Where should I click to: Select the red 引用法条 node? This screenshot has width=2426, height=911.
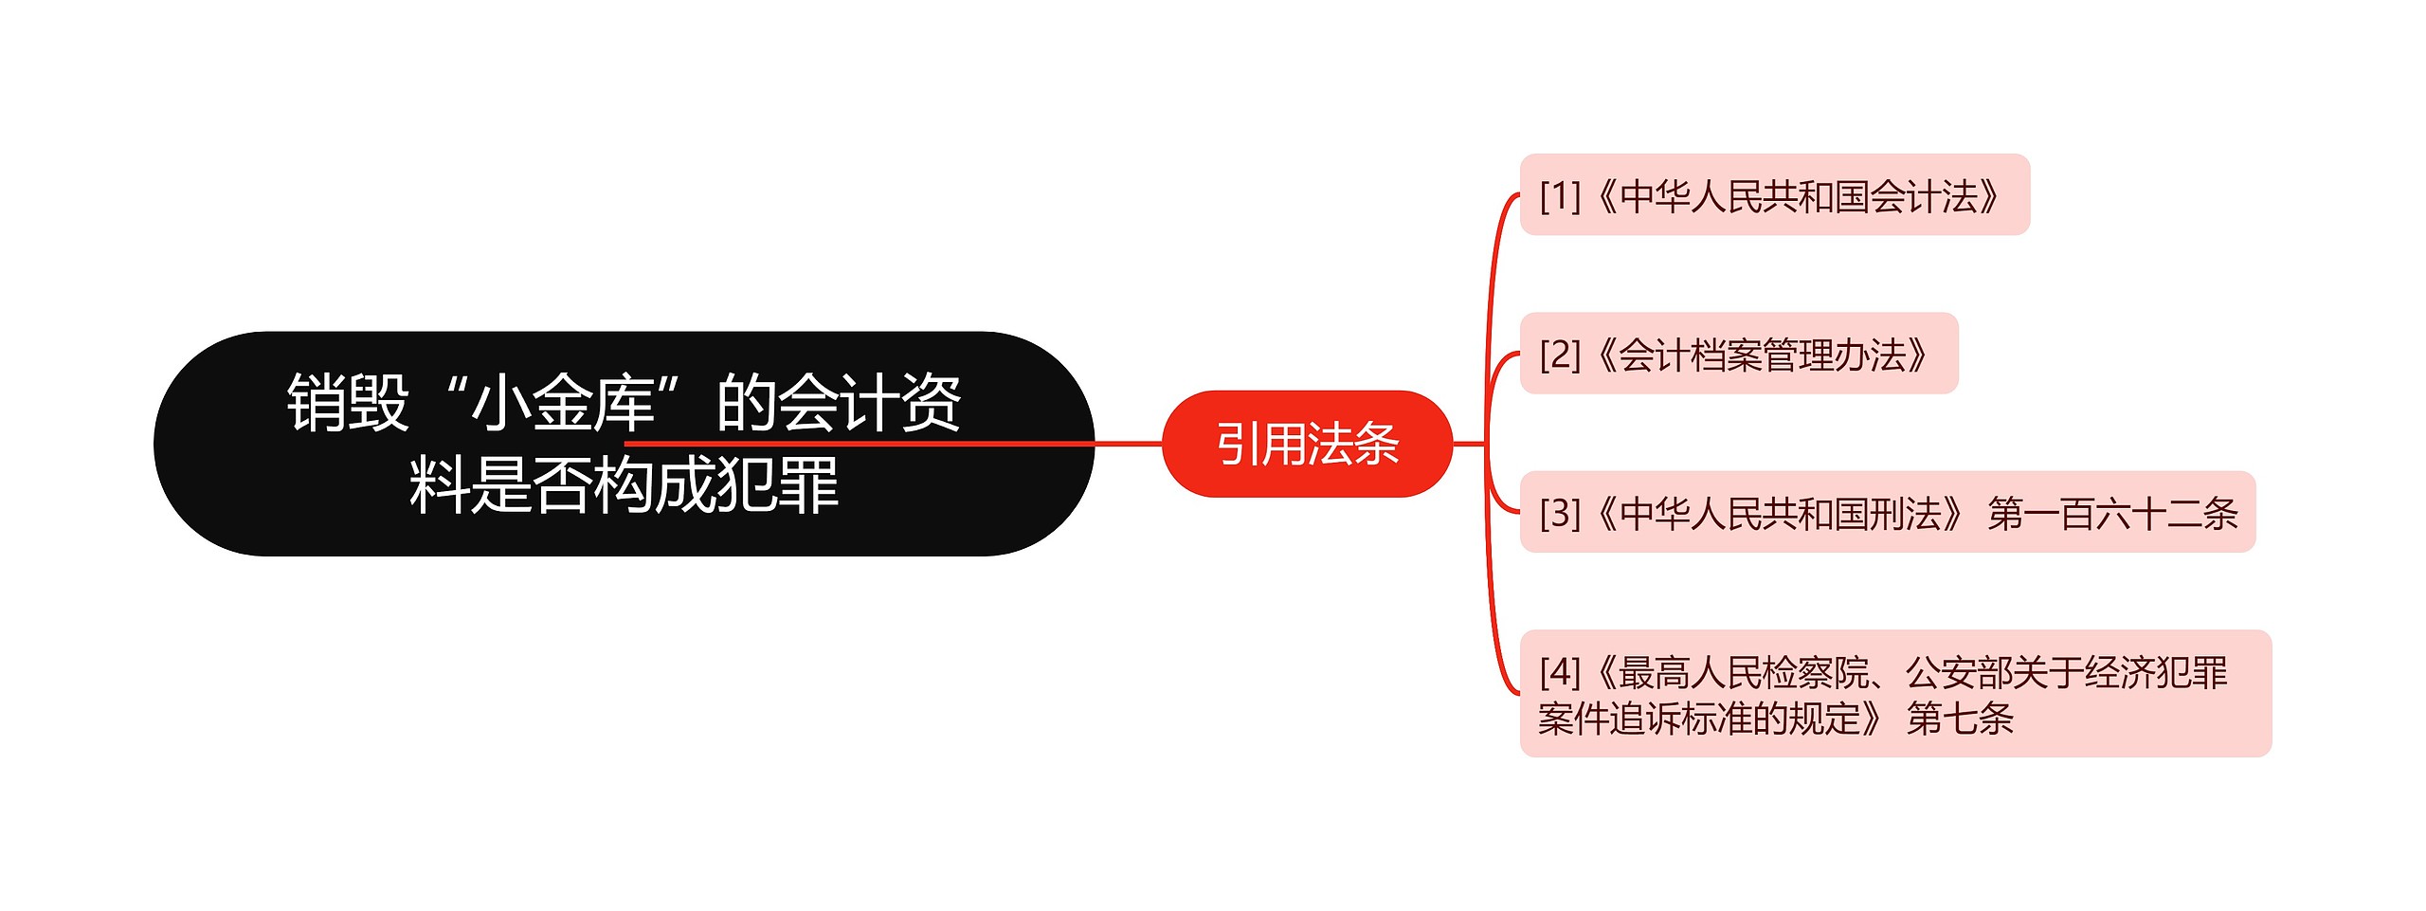tap(1307, 444)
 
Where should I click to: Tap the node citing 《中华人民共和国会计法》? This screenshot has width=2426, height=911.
tap(1774, 195)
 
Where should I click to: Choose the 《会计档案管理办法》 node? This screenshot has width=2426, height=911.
tap(1738, 354)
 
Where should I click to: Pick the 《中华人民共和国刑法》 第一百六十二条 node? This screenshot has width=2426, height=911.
tap(1887, 513)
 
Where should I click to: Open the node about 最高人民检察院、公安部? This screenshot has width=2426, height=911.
tap(1895, 694)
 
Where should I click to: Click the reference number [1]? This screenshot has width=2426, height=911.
tap(1560, 196)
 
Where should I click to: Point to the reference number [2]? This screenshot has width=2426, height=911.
tap(1560, 355)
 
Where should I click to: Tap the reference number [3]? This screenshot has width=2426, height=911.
tap(1560, 514)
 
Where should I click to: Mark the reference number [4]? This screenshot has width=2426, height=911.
tap(1560, 672)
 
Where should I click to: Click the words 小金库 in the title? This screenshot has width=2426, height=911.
tap(563, 403)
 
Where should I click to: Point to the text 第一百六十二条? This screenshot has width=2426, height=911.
tap(2112, 514)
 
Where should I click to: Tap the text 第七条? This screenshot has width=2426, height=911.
tap(1960, 718)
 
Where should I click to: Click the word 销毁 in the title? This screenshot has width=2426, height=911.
tap(348, 403)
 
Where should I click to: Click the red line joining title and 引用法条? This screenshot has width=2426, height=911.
tap(1128, 444)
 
